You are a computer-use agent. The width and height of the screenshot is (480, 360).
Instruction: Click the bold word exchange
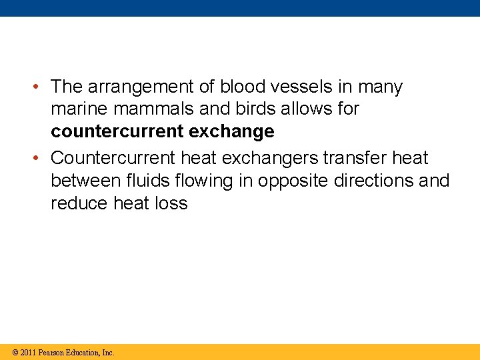231,132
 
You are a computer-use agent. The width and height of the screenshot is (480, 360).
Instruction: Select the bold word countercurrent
117,132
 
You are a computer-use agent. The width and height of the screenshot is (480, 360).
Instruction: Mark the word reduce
79,203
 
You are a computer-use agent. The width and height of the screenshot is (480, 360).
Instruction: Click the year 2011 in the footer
28,352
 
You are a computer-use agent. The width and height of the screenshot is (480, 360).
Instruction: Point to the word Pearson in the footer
53,352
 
